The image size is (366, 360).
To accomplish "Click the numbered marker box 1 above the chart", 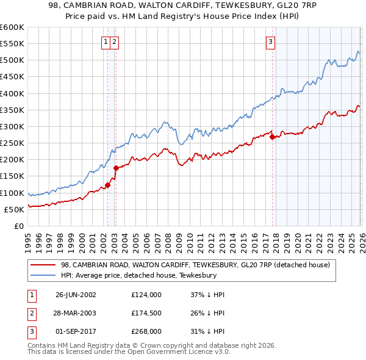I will pyautogui.click(x=107, y=41).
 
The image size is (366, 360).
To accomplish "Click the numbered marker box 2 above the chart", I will pyautogui.click(x=115, y=41).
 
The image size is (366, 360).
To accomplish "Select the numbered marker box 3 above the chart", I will pyautogui.click(x=270, y=41).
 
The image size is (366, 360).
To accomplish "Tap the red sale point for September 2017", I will pyautogui.click(x=272, y=137).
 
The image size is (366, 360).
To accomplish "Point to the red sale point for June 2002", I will pyautogui.click(x=107, y=185).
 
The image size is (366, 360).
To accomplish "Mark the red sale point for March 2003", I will pyautogui.click(x=115, y=168).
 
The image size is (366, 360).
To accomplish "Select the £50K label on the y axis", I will pyautogui.click(x=14, y=209).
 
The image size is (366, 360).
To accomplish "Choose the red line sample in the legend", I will pyautogui.click(x=44, y=265).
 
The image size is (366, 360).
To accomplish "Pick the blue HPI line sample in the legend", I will pyautogui.click(x=44, y=276).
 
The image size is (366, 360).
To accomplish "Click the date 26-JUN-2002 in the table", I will pyautogui.click(x=76, y=294).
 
